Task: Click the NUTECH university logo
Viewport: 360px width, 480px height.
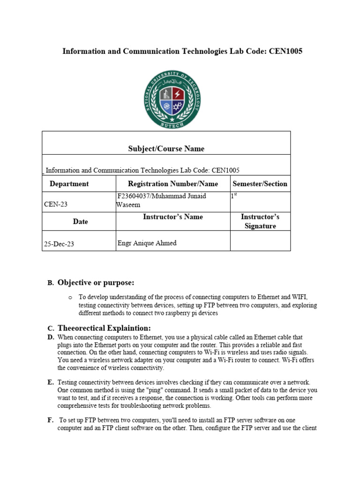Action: point(174,100)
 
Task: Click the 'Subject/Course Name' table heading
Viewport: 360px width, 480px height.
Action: point(166,149)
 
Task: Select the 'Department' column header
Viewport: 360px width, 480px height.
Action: point(69,184)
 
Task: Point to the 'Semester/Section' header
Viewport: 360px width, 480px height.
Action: point(260,184)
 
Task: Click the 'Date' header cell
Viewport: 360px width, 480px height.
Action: point(80,221)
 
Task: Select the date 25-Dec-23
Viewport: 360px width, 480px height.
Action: point(59,244)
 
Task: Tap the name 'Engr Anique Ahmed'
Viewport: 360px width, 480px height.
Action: point(147,243)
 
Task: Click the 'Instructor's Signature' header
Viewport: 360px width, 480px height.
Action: point(260,221)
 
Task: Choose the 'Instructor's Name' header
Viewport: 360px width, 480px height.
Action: point(173,217)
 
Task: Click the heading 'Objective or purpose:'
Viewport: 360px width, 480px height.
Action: point(96,282)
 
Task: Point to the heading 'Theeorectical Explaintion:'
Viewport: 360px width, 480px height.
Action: point(104,328)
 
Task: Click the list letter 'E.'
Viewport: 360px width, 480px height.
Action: point(51,382)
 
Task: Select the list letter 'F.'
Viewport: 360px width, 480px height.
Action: point(50,420)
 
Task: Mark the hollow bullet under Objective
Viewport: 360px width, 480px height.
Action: point(70,297)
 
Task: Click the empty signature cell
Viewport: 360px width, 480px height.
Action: point(260,241)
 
